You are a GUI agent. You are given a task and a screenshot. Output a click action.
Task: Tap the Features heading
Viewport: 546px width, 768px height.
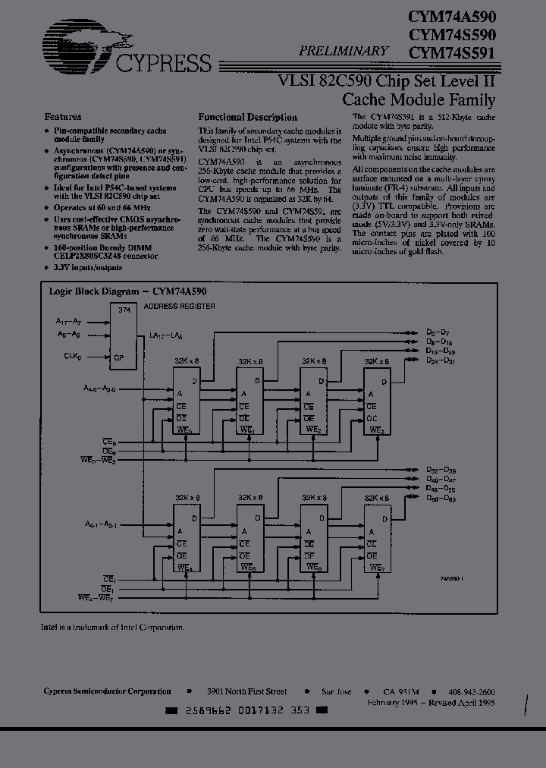63,117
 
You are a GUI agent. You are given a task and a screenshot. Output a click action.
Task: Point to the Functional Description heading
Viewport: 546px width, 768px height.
247,118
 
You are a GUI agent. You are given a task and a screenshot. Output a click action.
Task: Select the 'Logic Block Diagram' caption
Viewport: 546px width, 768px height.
128,291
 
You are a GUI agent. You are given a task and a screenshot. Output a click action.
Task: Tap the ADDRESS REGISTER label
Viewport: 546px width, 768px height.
180,307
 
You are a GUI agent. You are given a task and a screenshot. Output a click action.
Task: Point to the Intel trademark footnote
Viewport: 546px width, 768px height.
112,628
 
